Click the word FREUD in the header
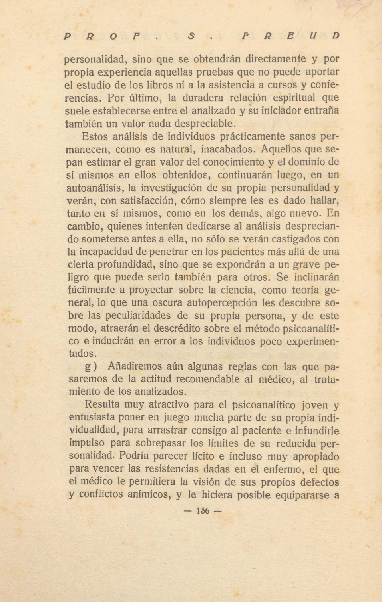(x=290, y=36)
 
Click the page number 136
(x=203, y=511)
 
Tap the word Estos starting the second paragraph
(x=95, y=136)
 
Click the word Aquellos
(x=281, y=149)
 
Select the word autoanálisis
(x=95, y=188)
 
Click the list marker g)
(x=91, y=367)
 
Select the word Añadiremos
(x=134, y=366)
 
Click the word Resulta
(x=102, y=404)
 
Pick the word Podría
(x=136, y=456)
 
